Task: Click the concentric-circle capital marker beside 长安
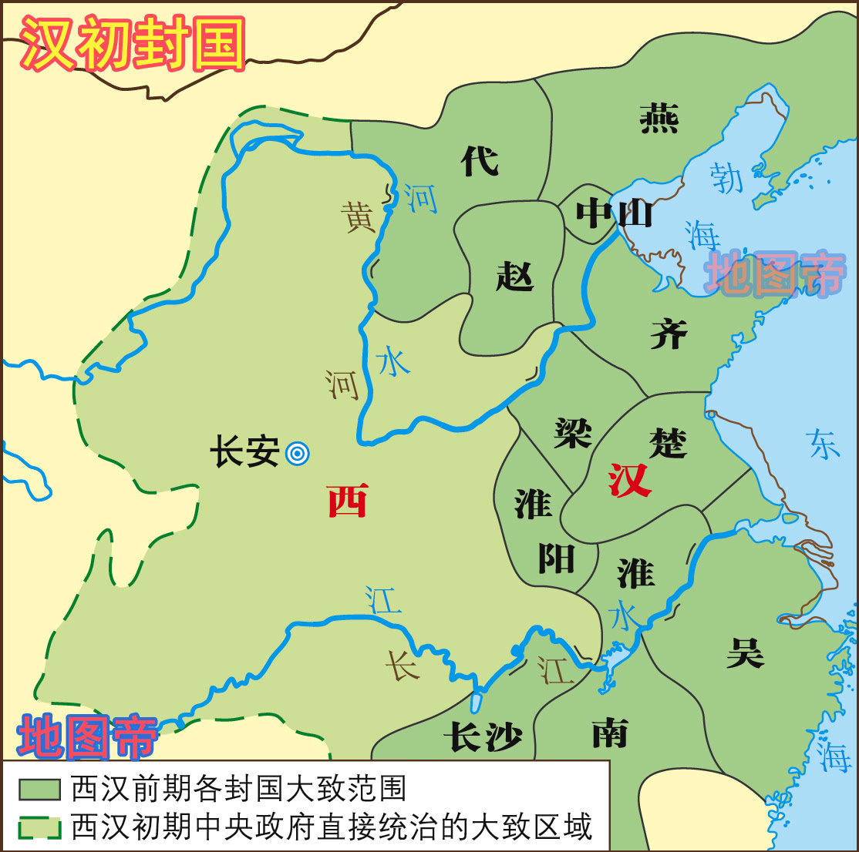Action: click(x=297, y=453)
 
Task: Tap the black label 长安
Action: click(x=244, y=451)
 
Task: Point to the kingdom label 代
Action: click(x=480, y=161)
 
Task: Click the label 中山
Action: click(x=615, y=213)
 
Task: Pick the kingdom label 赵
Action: click(x=514, y=275)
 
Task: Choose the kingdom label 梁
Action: click(x=573, y=433)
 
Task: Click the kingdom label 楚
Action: click(x=668, y=442)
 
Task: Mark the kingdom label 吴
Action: click(x=745, y=652)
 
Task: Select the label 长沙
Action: click(x=483, y=737)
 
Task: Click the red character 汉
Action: click(x=630, y=481)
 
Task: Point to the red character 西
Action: click(x=347, y=501)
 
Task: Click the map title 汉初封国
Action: click(x=133, y=45)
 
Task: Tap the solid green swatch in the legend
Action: click(x=39, y=789)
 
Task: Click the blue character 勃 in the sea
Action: click(x=726, y=177)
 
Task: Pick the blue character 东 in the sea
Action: click(x=823, y=444)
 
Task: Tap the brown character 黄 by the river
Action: click(x=359, y=217)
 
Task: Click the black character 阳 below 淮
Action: click(x=555, y=558)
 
